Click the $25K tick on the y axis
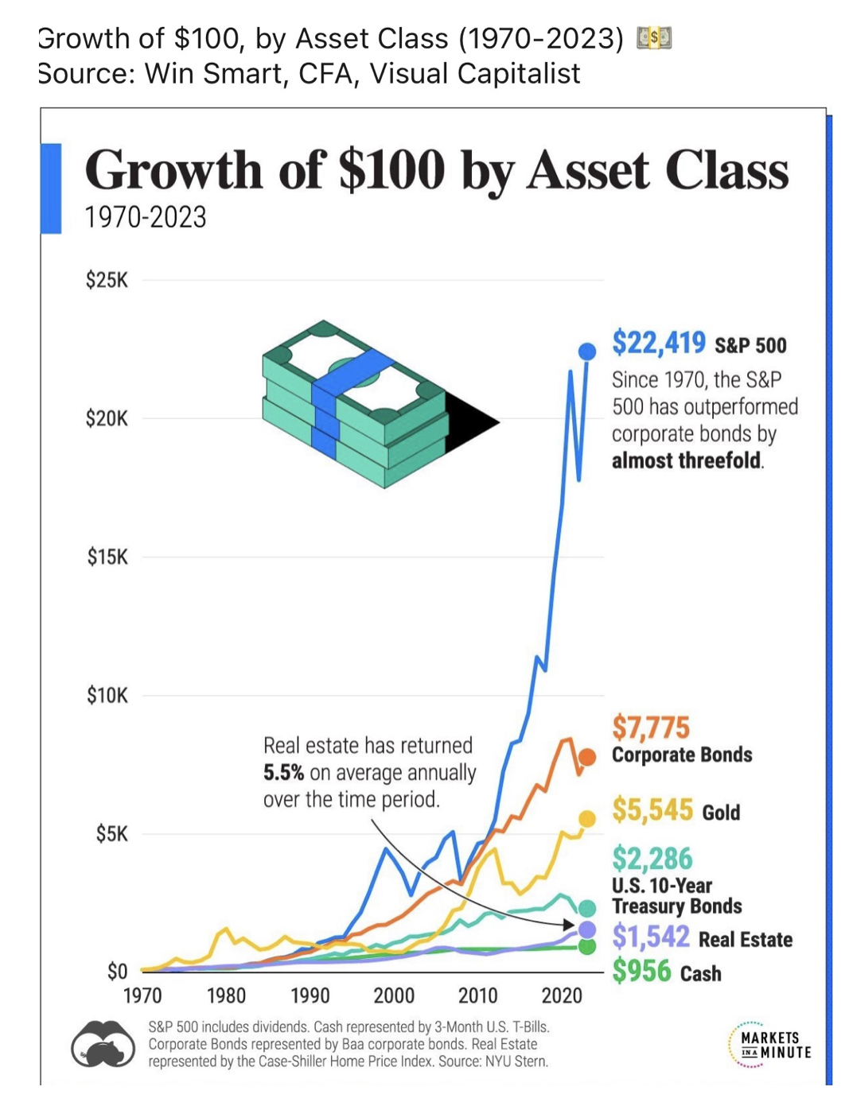click(107, 280)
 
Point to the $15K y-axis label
click(107, 557)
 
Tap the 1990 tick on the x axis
click(310, 995)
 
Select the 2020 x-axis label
click(562, 995)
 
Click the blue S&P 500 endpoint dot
click(587, 351)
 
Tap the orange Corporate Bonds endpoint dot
click(587, 757)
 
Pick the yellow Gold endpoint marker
click(587, 818)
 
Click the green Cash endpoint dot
click(587, 946)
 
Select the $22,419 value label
click(658, 343)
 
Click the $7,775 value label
click(651, 728)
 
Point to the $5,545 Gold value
click(652, 809)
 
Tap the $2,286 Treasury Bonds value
click(652, 859)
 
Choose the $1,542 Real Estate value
click(651, 937)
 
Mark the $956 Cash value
click(642, 971)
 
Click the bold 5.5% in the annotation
click(283, 772)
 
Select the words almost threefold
click(687, 460)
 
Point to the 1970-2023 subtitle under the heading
click(146, 217)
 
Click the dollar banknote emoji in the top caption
click(654, 37)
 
